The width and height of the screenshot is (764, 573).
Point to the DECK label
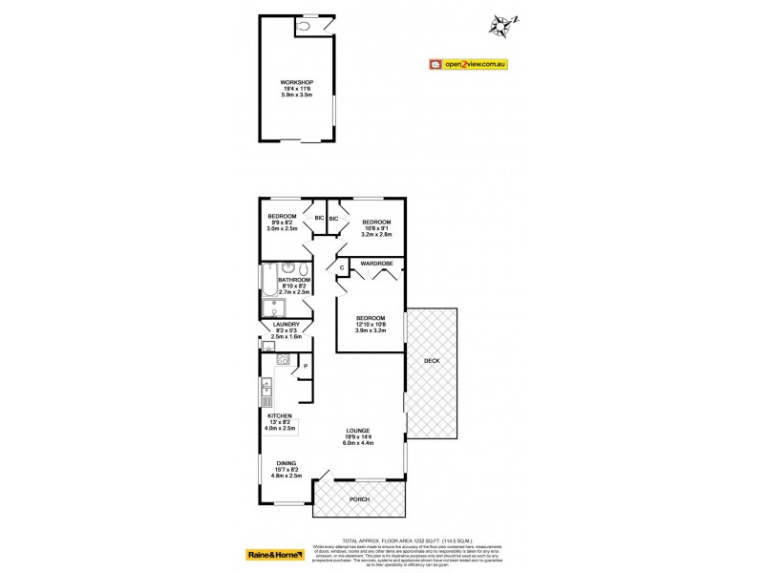point(432,361)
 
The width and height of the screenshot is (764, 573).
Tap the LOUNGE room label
point(359,430)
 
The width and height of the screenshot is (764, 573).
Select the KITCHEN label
point(278,416)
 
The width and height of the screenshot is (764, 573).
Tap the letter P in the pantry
point(305,366)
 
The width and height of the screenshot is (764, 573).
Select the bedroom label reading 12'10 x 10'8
point(370,318)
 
